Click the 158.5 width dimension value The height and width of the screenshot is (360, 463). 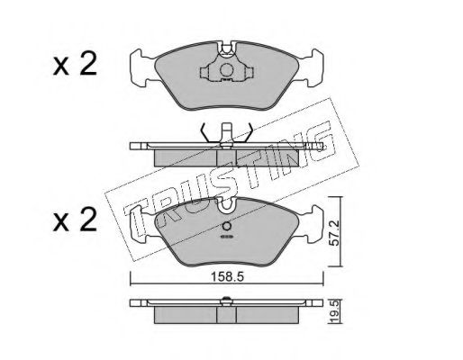coord(227,276)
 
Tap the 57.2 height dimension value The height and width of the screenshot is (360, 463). coord(333,232)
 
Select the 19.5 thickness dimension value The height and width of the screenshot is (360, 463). coord(334,312)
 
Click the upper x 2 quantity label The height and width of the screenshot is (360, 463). coord(75,64)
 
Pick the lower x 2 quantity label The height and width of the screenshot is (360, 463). coord(75,220)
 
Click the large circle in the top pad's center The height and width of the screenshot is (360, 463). coord(226,70)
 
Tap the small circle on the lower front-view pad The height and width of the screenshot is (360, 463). coord(227,226)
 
